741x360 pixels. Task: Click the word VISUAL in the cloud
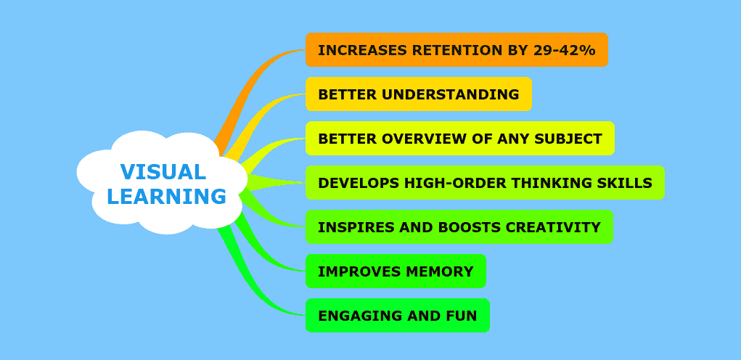pyautogui.click(x=163, y=172)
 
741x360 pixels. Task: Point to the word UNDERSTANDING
pyautogui.click(x=451, y=94)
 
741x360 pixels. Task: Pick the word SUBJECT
pyautogui.click(x=568, y=139)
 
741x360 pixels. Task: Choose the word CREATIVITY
pyautogui.click(x=553, y=227)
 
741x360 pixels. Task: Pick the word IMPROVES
pyautogui.click(x=360, y=271)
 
